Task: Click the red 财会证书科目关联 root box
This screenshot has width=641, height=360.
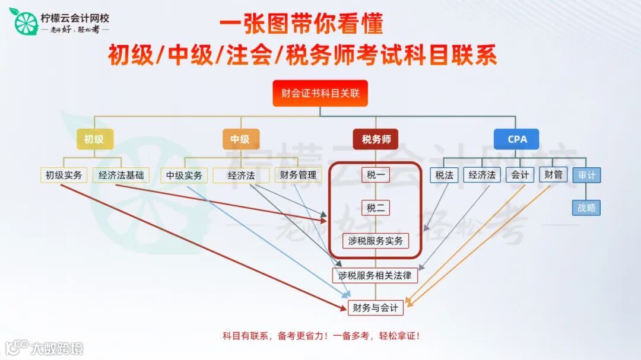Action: pyautogui.click(x=320, y=93)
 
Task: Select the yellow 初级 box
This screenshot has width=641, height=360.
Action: pyautogui.click(x=94, y=139)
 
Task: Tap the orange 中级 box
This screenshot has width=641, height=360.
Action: pyautogui.click(x=240, y=139)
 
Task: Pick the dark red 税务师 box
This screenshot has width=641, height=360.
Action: pyautogui.click(x=376, y=139)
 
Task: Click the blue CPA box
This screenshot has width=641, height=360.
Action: pyautogui.click(x=517, y=139)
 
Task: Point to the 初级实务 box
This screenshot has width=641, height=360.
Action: pyautogui.click(x=64, y=176)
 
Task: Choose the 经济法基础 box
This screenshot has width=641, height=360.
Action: pyautogui.click(x=121, y=176)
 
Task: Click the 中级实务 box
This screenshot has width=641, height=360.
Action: pyautogui.click(x=184, y=176)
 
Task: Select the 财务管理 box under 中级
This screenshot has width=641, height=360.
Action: pyautogui.click(x=299, y=176)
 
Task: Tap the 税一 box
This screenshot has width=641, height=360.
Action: pyautogui.click(x=376, y=176)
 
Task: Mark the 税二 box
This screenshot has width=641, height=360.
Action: pyautogui.click(x=376, y=208)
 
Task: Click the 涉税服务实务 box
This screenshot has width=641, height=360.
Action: pyautogui.click(x=376, y=241)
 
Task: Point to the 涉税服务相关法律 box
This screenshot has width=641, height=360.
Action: pyautogui.click(x=375, y=276)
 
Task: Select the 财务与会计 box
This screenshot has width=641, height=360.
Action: pyautogui.click(x=375, y=308)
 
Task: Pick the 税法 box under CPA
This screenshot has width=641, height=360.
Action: pyautogui.click(x=445, y=175)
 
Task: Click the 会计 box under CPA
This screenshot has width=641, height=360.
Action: pyautogui.click(x=520, y=175)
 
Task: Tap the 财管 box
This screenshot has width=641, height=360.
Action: pyautogui.click(x=553, y=175)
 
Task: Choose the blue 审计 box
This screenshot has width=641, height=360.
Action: pyautogui.click(x=586, y=176)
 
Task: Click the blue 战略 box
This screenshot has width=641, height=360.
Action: pyautogui.click(x=586, y=208)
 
